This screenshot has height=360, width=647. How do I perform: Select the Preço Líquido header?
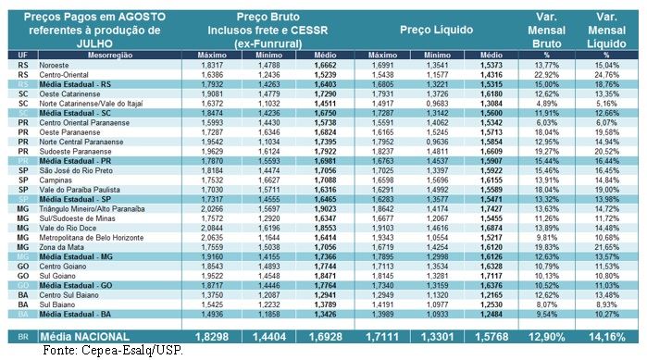pyautogui.click(x=440, y=29)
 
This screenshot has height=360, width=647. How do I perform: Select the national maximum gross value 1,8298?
pyautogui.click(x=210, y=334)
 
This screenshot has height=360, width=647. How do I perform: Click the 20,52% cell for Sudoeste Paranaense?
pyautogui.click(x=608, y=151)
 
